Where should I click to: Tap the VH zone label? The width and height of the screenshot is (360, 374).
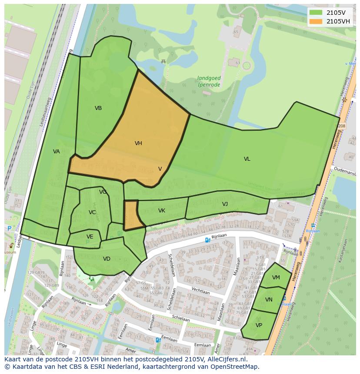tap(138, 143)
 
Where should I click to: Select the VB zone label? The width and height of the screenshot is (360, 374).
tap(98, 108)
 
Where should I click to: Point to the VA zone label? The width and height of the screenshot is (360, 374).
tap(56, 152)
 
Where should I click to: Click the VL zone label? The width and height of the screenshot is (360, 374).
tap(247, 159)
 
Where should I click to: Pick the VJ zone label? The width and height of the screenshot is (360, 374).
tap(225, 204)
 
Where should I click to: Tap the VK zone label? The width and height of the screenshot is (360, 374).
tap(161, 211)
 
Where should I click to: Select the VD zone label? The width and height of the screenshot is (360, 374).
tap(107, 259)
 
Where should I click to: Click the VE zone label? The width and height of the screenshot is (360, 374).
tap(90, 237)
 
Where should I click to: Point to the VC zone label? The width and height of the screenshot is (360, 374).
tap(92, 212)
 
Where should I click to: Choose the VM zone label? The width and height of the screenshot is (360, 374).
tap(276, 278)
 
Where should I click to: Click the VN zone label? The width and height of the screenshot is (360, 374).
tap(269, 300)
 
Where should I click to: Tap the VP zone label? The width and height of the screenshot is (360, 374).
tap(259, 325)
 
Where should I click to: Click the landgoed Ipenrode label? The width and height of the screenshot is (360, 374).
tap(209, 81)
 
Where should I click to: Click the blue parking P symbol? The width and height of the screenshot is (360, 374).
tap(9, 228)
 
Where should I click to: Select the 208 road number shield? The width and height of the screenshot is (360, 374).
tap(341, 126)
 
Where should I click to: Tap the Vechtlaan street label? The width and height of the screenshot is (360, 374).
tap(200, 292)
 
